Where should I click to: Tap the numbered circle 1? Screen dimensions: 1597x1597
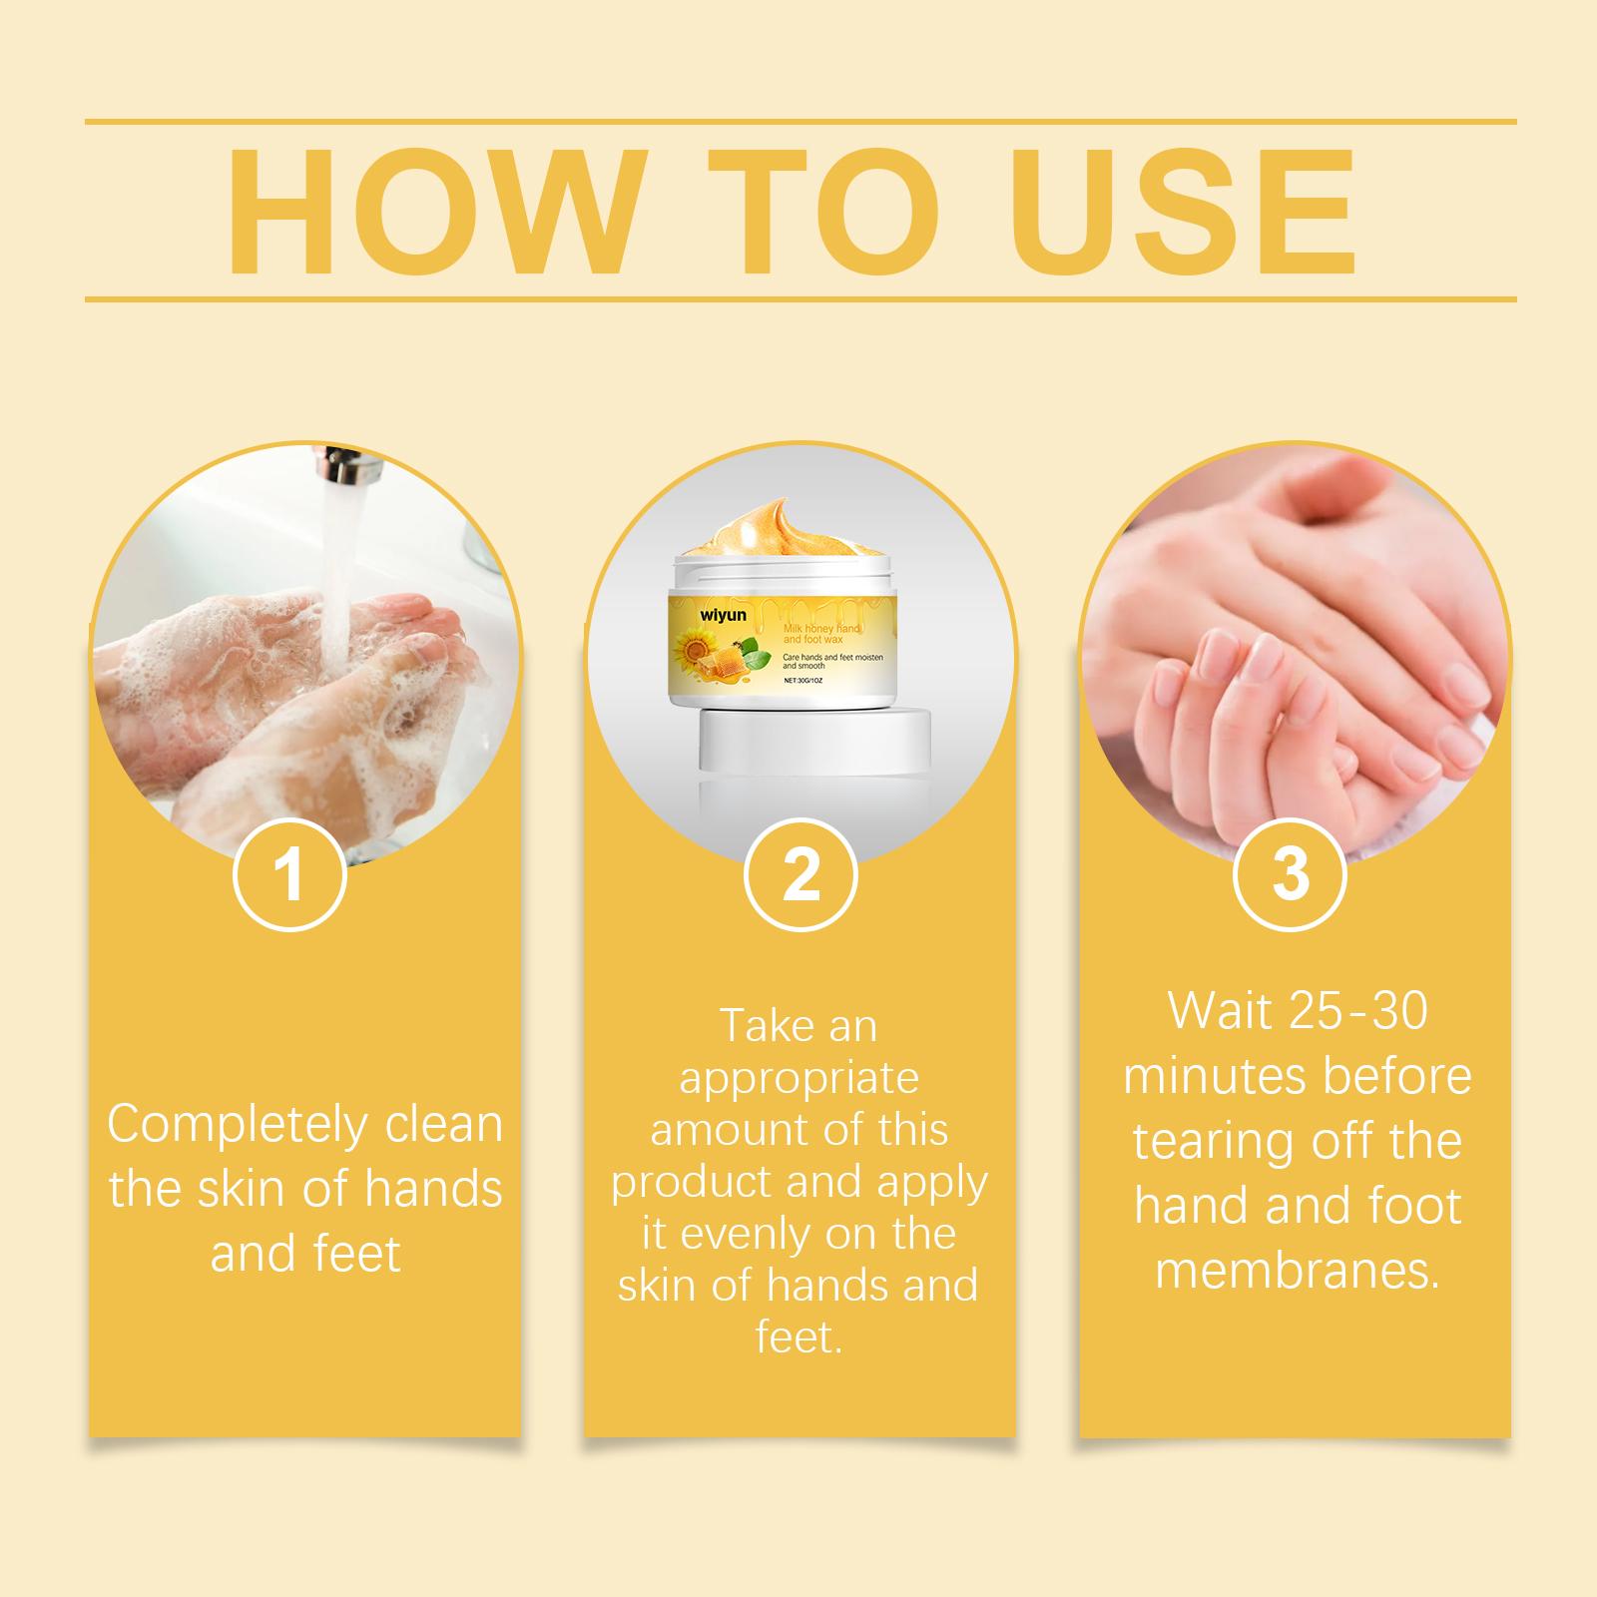coord(289,873)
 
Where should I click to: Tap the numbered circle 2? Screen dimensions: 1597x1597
coord(800,873)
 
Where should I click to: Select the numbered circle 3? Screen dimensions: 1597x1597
coord(1291,873)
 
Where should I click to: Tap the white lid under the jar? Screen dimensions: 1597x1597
coord(814,740)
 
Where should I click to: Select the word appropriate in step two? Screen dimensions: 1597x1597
coord(798,1079)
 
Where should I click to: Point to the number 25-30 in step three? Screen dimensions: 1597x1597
coord(1359,1012)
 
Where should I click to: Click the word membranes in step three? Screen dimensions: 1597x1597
coord(1298,1271)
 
